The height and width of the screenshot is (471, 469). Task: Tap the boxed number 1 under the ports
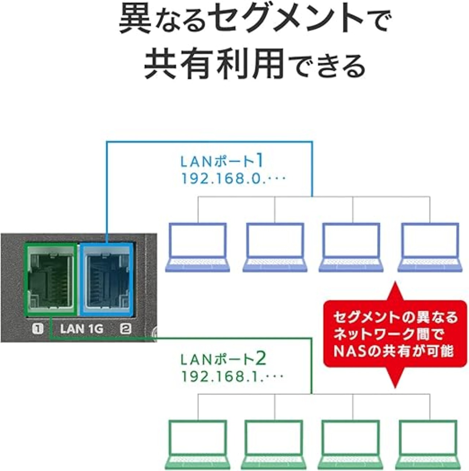[37, 328]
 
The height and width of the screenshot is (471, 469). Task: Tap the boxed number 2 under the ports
[126, 328]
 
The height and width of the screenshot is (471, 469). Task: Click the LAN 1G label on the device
[81, 328]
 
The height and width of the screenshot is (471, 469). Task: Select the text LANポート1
[222, 161]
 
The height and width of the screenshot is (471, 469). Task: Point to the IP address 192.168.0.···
[233, 179]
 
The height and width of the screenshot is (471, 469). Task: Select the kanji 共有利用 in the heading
[214, 65]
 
